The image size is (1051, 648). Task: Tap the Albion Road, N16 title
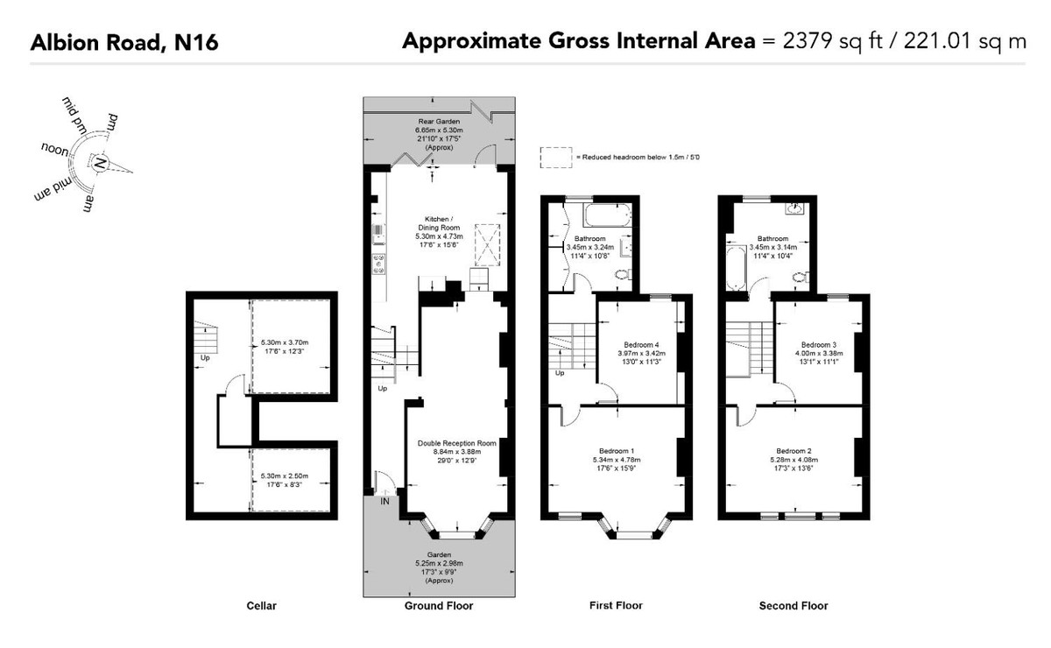pyautogui.click(x=124, y=42)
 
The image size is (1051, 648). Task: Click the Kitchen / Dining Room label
pyautogui.click(x=439, y=223)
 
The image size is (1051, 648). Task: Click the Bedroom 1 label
pyautogui.click(x=617, y=451)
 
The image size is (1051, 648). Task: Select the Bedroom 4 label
pyautogui.click(x=641, y=345)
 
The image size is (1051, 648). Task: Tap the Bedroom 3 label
pyautogui.click(x=819, y=345)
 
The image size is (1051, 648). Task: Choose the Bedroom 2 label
pyautogui.click(x=794, y=451)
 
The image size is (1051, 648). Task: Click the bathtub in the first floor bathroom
pyautogui.click(x=607, y=215)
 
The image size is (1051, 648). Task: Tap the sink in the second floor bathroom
pyautogui.click(x=795, y=208)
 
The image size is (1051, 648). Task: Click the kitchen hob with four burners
pyautogui.click(x=378, y=264)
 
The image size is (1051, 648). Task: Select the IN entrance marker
pyautogui.click(x=384, y=502)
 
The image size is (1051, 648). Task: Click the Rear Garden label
pyautogui.click(x=439, y=122)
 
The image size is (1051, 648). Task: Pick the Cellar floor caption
pyautogui.click(x=261, y=606)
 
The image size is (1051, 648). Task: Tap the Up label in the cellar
pyautogui.click(x=205, y=358)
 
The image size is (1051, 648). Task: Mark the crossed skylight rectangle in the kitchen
pyautogui.click(x=488, y=245)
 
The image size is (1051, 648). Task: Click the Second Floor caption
pyautogui.click(x=794, y=606)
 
